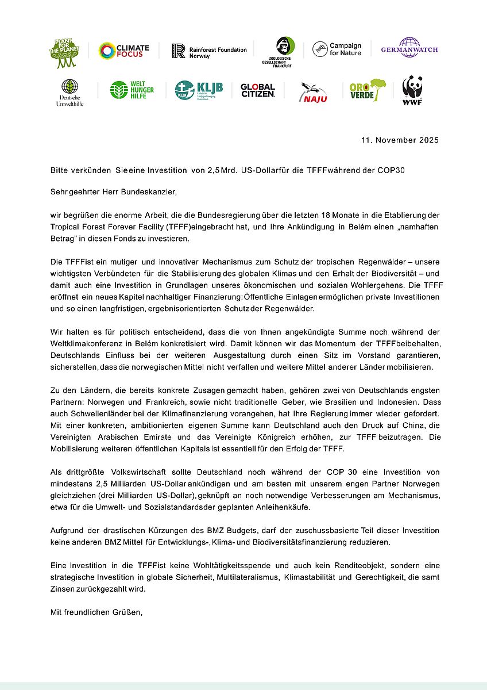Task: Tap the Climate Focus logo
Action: [x=123, y=51]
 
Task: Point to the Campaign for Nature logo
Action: [x=337, y=49]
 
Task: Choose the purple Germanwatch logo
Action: [x=409, y=48]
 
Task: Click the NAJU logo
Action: [x=314, y=91]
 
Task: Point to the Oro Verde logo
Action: [x=368, y=90]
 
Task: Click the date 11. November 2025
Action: [x=400, y=140]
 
